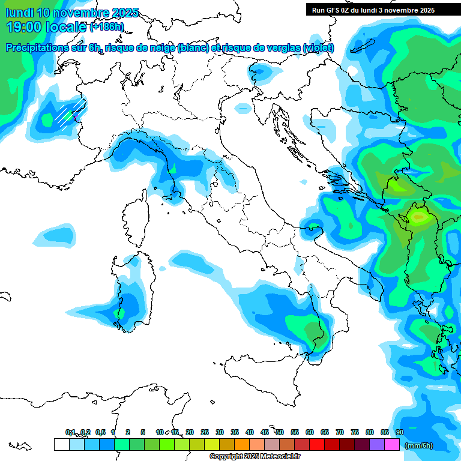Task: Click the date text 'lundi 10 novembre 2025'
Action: [72, 13]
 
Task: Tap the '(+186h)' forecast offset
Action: [107, 27]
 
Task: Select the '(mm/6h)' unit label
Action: [418, 445]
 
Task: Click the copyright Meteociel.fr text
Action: [255, 457]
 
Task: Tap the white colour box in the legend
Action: [61, 445]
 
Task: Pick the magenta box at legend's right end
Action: [392, 445]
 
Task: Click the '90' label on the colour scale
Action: [399, 432]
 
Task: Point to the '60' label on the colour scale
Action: [310, 432]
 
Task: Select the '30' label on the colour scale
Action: [220, 432]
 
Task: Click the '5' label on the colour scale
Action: [143, 432]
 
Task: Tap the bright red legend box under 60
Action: [316, 445]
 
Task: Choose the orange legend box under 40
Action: [242, 445]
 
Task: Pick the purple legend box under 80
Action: [377, 445]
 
